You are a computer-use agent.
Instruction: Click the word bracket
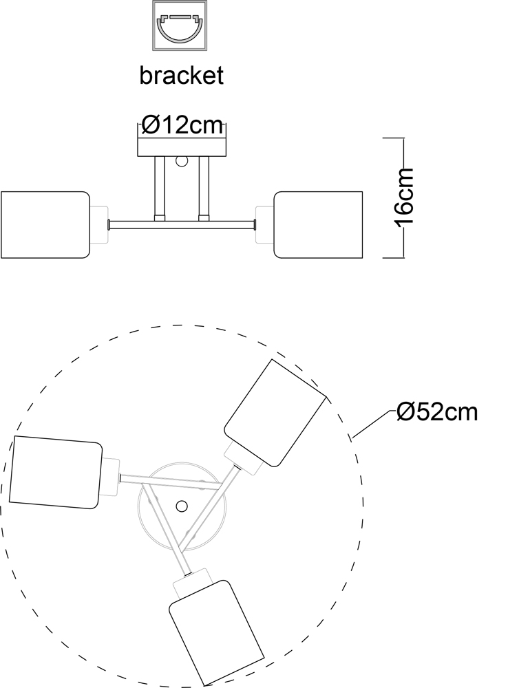tap(181, 76)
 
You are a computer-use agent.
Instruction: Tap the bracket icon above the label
tap(180, 25)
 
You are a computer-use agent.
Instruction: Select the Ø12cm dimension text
tap(182, 125)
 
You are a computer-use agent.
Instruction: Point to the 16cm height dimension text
tap(405, 198)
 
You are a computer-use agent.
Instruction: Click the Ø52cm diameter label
tap(437, 412)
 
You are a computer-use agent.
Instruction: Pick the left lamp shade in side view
tap(45, 225)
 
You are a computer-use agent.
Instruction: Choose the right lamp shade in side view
tap(318, 225)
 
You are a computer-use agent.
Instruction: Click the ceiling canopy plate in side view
tap(182, 147)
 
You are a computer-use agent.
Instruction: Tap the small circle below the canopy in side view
tap(181, 162)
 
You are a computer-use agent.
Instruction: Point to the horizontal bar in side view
tap(182, 225)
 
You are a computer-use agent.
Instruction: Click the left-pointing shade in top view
tap(56, 472)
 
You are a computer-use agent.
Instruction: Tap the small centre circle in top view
tap(181, 506)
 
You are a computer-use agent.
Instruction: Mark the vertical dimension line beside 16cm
tap(403, 198)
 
